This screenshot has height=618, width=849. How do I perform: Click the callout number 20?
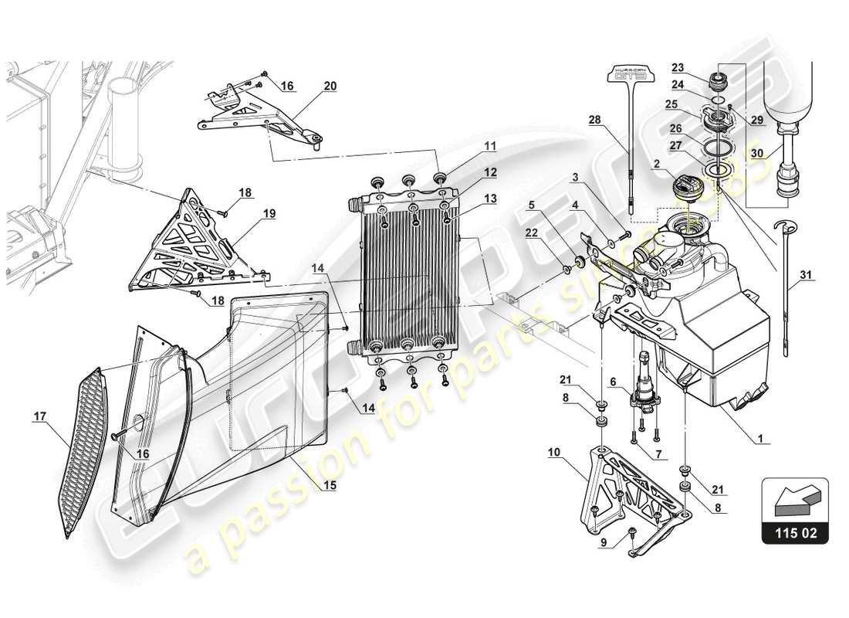coord(330,86)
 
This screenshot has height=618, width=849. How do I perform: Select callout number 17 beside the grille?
coord(40,416)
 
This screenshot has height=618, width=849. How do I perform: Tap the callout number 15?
coord(330,487)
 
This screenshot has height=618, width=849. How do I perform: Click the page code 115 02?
coord(795,533)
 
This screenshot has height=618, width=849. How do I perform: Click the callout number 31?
coord(806,274)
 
